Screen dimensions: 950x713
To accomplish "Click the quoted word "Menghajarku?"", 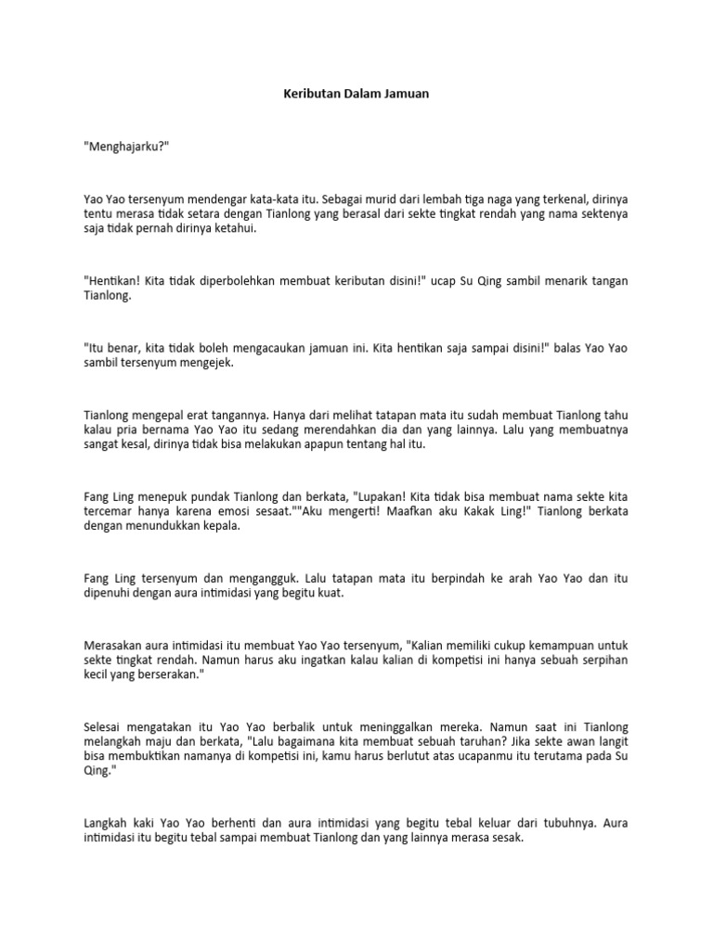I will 126,148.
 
